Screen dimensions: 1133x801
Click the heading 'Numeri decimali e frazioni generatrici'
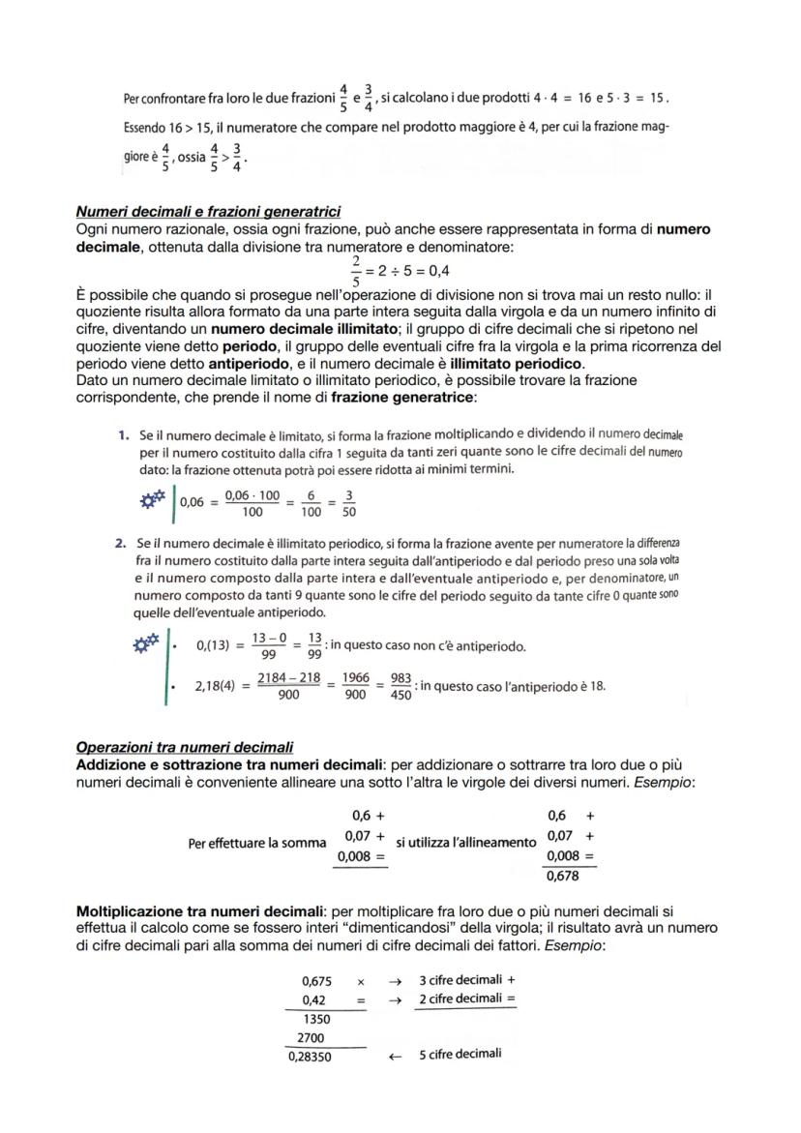tap(207, 212)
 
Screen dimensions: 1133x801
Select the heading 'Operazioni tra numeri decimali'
tap(184, 747)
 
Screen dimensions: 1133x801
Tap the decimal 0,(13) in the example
tap(213, 645)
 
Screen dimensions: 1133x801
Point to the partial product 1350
tap(316, 1019)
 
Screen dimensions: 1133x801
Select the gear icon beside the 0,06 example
tap(151, 500)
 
